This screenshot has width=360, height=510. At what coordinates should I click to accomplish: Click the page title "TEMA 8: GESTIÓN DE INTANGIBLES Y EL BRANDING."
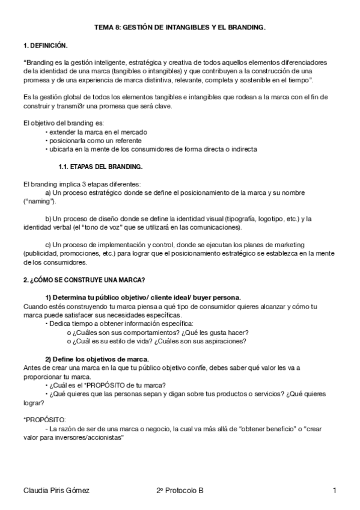[x=180, y=28]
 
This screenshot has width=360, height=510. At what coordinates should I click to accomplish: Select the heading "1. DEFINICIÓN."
[x=45, y=45]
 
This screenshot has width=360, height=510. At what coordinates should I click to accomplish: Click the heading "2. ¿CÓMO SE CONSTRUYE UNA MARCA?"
[x=84, y=280]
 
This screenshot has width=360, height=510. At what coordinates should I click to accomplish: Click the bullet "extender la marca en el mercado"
[x=98, y=132]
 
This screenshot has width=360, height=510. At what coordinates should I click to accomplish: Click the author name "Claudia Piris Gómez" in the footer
[x=55, y=491]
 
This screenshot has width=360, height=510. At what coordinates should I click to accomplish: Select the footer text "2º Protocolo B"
[x=179, y=491]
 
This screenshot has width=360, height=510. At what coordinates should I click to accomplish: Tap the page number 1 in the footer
[x=334, y=491]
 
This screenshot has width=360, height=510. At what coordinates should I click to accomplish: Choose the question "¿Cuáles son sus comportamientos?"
[x=120, y=333]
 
